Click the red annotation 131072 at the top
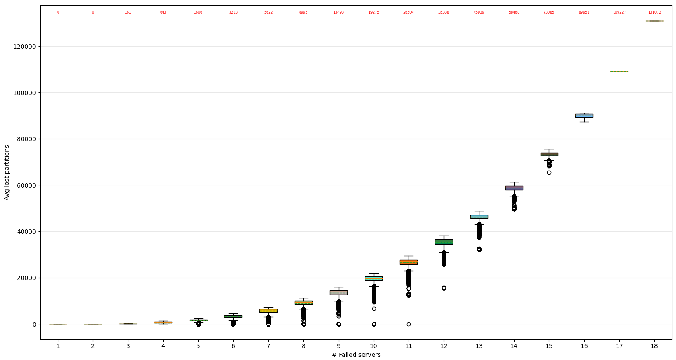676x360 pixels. pos(654,12)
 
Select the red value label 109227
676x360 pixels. pos(619,12)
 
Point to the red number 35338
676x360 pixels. pos(444,12)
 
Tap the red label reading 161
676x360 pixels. pos(128,12)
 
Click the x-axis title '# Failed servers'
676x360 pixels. pos(356,355)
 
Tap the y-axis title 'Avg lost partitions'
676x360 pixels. pos(7,172)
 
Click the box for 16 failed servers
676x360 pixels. pos(584,116)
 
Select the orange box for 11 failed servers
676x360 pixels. pos(409,262)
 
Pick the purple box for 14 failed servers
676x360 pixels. pos(514,188)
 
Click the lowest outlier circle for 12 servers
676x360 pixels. pos(444,288)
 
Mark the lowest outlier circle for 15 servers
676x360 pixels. pos(549,172)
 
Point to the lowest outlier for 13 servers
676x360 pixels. pos(479,249)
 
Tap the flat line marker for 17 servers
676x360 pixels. pos(619,71)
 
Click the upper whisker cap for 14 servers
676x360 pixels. pos(514,182)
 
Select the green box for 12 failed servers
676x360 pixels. pos(444,242)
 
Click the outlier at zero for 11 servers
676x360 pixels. pos(409,324)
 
